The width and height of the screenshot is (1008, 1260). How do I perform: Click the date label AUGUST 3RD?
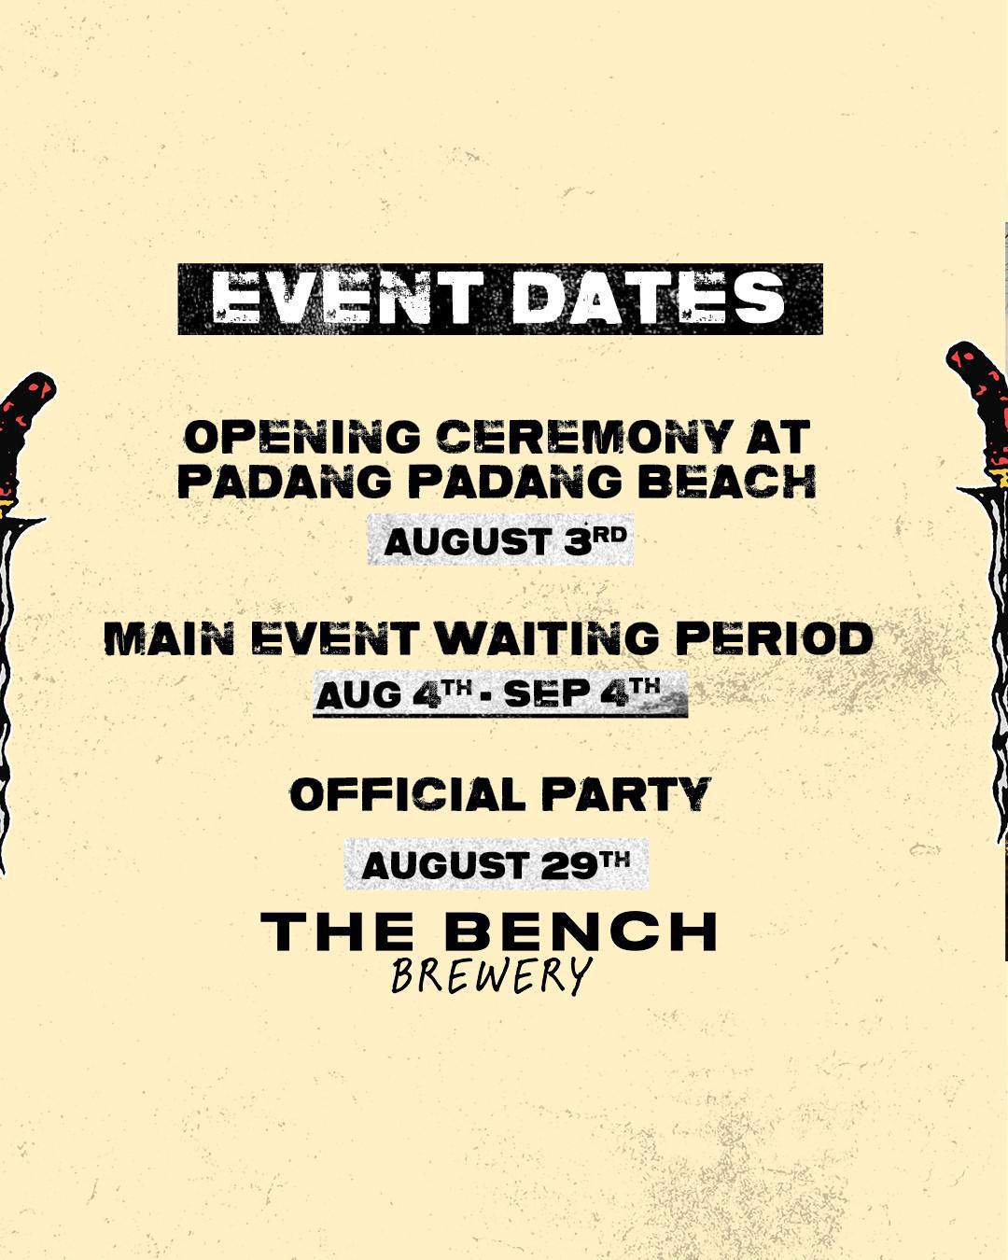501,540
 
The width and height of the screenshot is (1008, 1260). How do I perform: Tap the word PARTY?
626,795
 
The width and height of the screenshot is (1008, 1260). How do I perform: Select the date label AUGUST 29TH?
496,864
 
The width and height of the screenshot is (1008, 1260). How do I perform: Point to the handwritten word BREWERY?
492,976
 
